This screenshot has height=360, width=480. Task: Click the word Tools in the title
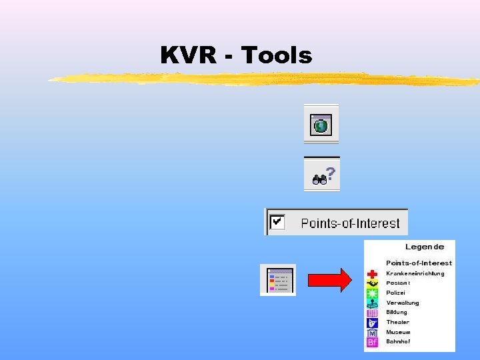[x=277, y=55]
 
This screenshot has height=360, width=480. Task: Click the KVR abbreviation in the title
[x=187, y=55]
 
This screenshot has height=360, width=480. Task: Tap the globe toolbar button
[x=321, y=125]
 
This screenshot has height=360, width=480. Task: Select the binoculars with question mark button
[x=322, y=176]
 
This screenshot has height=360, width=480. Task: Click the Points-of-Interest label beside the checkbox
[x=350, y=223]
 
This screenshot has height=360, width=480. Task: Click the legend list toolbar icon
[x=278, y=280]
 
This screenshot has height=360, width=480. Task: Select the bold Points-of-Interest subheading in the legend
[x=419, y=263]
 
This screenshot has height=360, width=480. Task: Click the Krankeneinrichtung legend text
[x=415, y=273]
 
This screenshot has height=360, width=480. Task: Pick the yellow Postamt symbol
[x=372, y=283]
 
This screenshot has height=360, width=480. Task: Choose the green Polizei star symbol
[x=372, y=293]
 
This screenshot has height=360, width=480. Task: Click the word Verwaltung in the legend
[x=403, y=303]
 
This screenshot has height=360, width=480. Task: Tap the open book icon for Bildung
[x=372, y=313]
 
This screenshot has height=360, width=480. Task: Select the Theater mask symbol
[x=372, y=323]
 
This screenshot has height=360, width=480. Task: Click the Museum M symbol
[x=372, y=333]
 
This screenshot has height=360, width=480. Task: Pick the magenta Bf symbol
[x=372, y=342]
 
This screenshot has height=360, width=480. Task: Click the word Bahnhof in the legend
[x=398, y=341]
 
